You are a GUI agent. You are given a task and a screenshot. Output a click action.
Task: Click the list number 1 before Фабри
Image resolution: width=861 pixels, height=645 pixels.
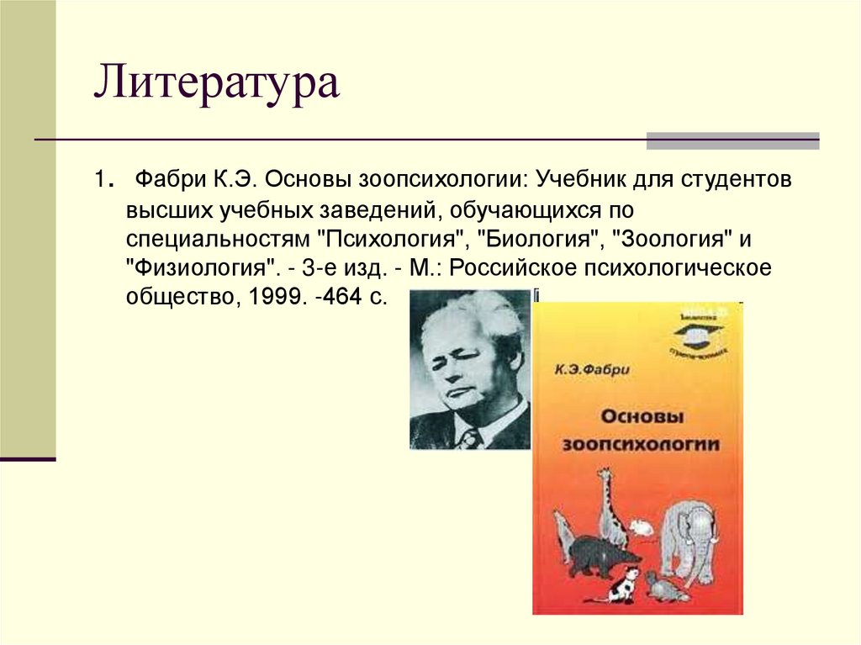pyautogui.click(x=99, y=180)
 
